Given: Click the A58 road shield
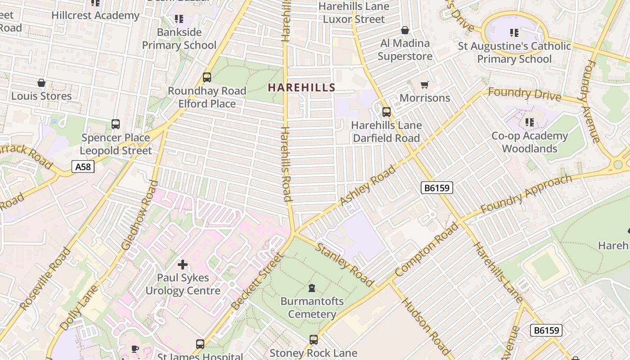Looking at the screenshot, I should tap(83, 167).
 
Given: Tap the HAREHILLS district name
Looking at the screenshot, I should tap(301, 87).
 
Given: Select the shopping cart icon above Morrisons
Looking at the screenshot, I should tap(424, 85).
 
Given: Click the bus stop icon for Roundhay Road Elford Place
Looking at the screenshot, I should tap(207, 77).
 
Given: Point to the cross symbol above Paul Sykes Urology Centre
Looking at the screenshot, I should tap(183, 265).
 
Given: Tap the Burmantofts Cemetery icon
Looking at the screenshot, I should tap(312, 288).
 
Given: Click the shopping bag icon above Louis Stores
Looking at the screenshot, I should tap(41, 83).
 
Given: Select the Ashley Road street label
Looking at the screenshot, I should tap(368, 185).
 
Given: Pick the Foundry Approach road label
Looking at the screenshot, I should tap(526, 194).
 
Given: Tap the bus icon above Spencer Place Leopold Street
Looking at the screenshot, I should tap(116, 124).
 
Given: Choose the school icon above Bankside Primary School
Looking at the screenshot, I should tap(179, 19).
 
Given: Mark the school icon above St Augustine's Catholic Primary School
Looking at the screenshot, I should tap(514, 32).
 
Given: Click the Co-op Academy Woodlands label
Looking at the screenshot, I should tap(529, 142).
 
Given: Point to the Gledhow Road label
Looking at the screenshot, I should tap(140, 215).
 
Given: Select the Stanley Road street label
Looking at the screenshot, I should tap(344, 264).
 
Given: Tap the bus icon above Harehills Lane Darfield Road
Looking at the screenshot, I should tap(386, 112).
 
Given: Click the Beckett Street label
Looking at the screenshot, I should tap(257, 281).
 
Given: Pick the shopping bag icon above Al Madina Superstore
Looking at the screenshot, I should tap(405, 30).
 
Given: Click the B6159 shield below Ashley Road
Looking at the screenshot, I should tap(436, 188).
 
